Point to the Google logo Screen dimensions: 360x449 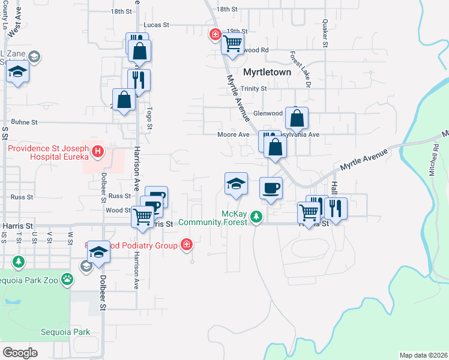click(x=20, y=352)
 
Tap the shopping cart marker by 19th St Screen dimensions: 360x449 click(x=232, y=43)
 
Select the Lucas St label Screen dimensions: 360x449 click(x=156, y=25)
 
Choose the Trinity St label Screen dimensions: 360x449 click(x=253, y=88)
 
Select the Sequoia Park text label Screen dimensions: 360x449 click(x=65, y=332)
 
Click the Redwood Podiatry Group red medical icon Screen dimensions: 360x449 click(x=187, y=244)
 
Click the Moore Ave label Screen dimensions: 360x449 click(x=233, y=134)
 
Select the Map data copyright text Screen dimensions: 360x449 click(x=424, y=355)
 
